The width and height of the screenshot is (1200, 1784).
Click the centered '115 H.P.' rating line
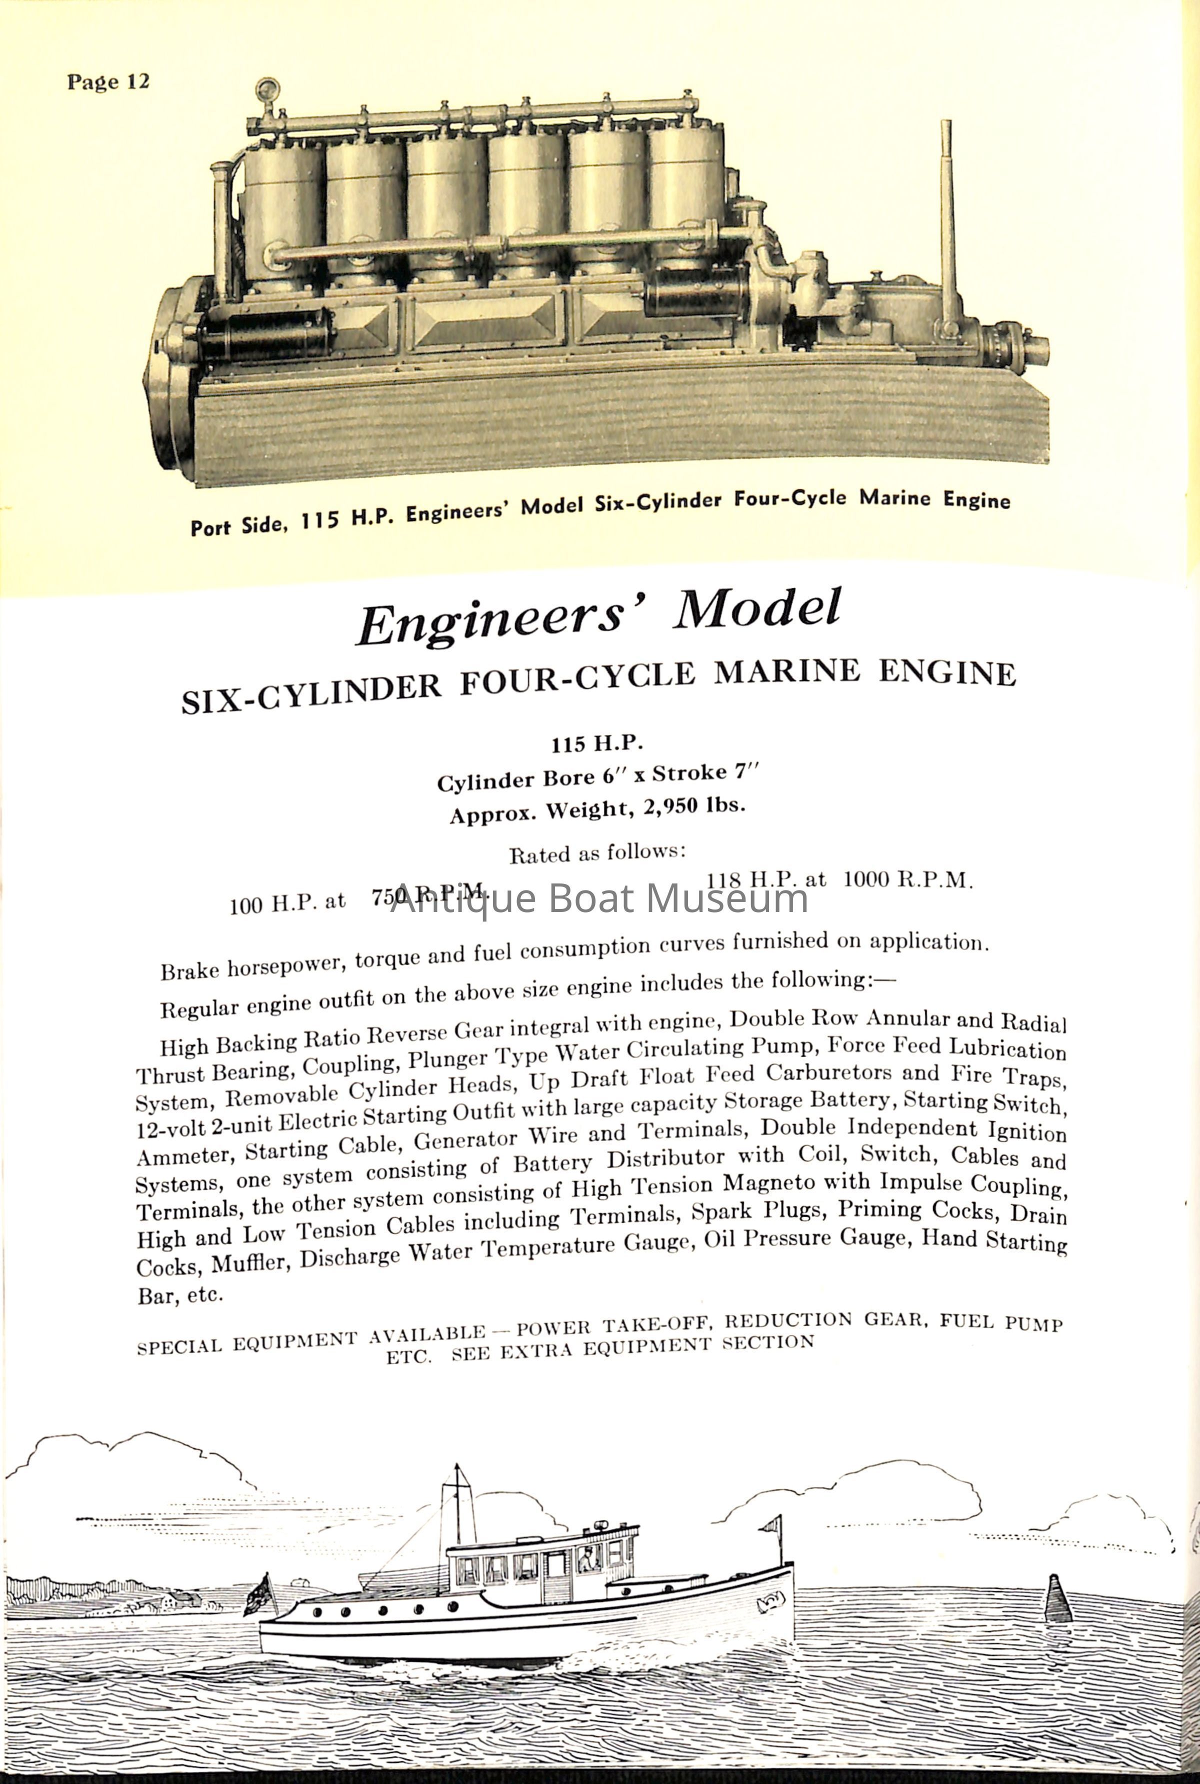coord(597,743)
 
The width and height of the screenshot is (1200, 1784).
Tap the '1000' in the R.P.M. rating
coord(866,879)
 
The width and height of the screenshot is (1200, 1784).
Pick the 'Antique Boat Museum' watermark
coord(599,898)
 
